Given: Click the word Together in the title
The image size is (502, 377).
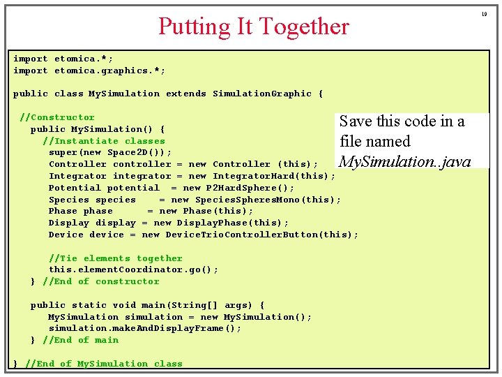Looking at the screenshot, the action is [304, 27].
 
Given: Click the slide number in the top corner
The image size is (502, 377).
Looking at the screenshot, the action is [484, 14].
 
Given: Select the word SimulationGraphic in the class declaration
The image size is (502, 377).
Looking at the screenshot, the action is [262, 94].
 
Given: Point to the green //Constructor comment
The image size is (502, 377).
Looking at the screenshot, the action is [57, 117].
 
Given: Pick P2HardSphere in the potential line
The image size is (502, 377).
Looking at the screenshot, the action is [241, 188].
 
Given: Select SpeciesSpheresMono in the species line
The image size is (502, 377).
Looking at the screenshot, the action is [248, 200].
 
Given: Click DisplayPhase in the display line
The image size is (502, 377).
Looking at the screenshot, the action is [212, 223].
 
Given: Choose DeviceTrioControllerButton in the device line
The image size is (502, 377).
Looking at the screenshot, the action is [242, 235].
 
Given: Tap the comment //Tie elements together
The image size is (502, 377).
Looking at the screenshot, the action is [116, 258].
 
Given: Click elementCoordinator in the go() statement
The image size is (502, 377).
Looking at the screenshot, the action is [130, 269].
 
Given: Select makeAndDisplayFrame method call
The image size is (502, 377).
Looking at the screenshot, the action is [165, 328].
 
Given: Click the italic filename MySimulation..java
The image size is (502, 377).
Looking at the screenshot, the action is [405, 162].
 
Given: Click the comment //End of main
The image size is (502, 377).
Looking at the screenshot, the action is [81, 340].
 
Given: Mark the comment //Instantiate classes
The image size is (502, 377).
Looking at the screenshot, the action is [104, 141].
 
